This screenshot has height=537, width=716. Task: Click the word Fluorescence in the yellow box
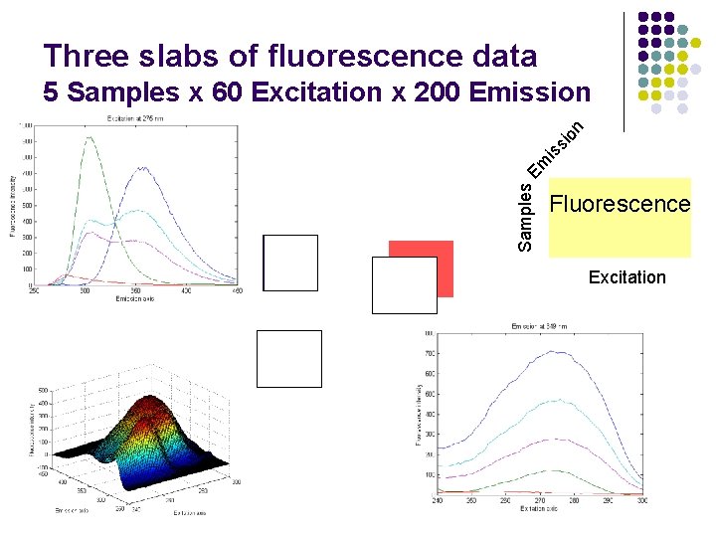tap(620, 205)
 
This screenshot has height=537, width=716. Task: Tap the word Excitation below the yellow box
tap(626, 277)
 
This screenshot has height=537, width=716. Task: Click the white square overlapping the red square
tap(404, 285)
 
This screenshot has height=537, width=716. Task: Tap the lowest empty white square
tap(289, 358)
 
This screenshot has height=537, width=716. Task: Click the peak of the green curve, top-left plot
tap(92, 138)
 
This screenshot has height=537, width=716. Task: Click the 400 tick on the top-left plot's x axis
tap(185, 291)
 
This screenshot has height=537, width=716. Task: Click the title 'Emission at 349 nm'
tap(539, 326)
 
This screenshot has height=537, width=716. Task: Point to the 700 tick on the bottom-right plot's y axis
tap(429, 353)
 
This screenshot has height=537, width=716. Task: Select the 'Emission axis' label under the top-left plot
tap(134, 298)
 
